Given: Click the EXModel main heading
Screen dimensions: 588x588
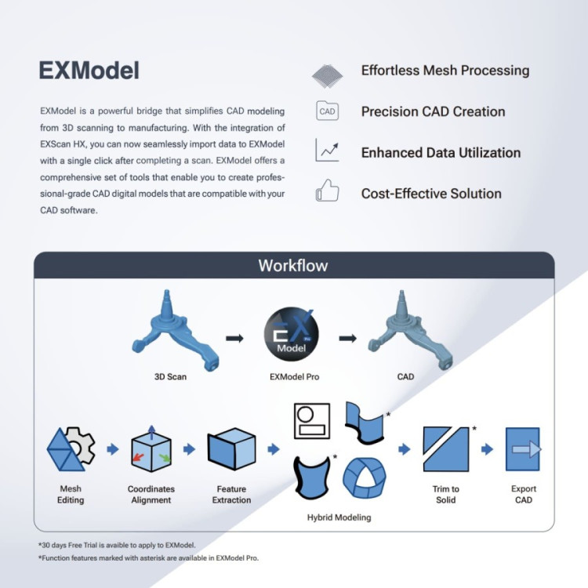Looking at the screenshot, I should point(89,71).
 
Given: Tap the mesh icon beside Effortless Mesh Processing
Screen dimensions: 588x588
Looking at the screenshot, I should point(328,74).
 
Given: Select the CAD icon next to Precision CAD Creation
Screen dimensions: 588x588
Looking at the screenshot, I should point(328,111).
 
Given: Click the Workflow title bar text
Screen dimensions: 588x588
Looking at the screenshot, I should point(293,265).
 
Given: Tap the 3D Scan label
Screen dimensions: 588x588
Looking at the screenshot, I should point(170,377).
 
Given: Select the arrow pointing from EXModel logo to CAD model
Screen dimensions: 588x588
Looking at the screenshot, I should point(347,338).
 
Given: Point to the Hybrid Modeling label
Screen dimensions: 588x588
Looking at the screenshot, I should point(339,517).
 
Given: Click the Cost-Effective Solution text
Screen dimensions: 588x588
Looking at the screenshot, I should point(431,193).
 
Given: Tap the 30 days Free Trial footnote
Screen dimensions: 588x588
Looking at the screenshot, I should point(116,545).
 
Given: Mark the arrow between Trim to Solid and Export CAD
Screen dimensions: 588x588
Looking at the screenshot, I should point(487,449).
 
